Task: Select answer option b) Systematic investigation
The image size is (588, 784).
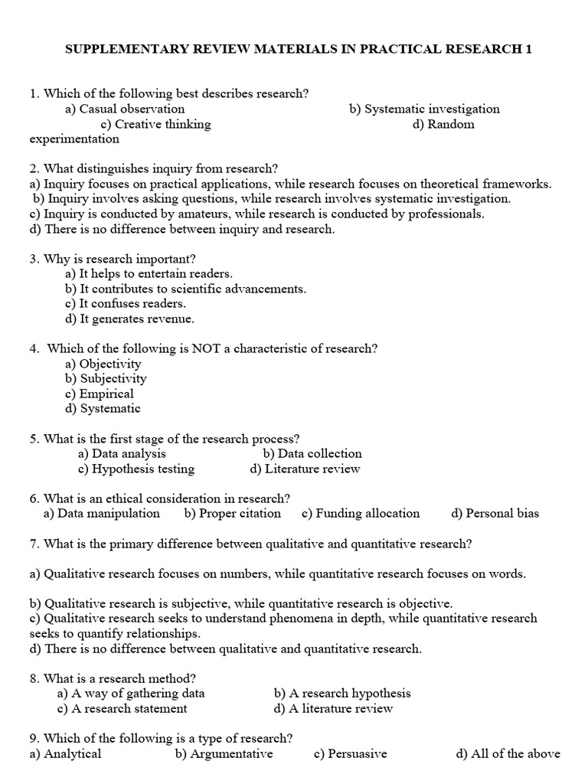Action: click(x=424, y=109)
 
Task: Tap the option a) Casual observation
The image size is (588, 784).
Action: click(x=125, y=109)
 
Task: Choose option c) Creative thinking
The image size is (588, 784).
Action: click(x=155, y=124)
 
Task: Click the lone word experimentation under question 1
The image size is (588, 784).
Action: click(x=74, y=139)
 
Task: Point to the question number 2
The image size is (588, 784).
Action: click(x=34, y=168)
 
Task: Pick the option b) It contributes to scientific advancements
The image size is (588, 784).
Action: click(x=185, y=289)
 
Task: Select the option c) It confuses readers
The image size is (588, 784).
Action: click(x=126, y=303)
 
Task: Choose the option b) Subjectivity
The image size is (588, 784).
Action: click(x=106, y=378)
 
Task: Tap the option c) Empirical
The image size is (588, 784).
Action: click(x=100, y=394)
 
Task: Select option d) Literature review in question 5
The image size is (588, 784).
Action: click(x=305, y=469)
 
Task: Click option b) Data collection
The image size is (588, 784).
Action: click(x=312, y=453)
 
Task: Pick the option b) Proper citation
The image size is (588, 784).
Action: click(x=232, y=513)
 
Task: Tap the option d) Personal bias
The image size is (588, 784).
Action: click(x=495, y=513)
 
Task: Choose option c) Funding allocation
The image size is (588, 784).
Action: click(x=361, y=513)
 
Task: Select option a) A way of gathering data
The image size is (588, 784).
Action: click(x=131, y=693)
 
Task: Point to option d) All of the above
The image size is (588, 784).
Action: click(x=508, y=753)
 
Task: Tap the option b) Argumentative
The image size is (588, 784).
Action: click(x=224, y=753)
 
